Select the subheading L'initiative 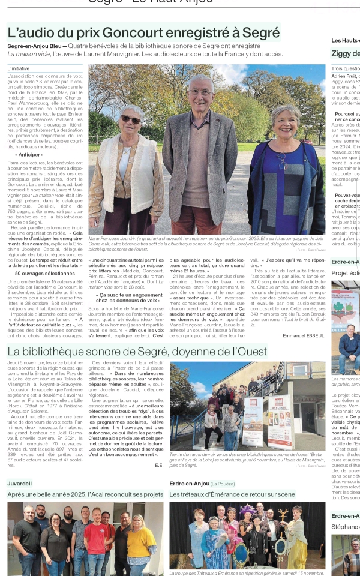pyautogui.click(x=19, y=68)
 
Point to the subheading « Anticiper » pyautogui.click(x=29, y=155)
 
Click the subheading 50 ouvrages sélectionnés pyautogui.click(x=45, y=273)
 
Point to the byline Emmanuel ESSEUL pyautogui.click(x=304, y=335)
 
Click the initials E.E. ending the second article pyautogui.click(x=159, y=464)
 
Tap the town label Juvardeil pyautogui.click(x=20, y=483)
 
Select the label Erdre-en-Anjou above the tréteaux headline pyautogui.click(x=189, y=483)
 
